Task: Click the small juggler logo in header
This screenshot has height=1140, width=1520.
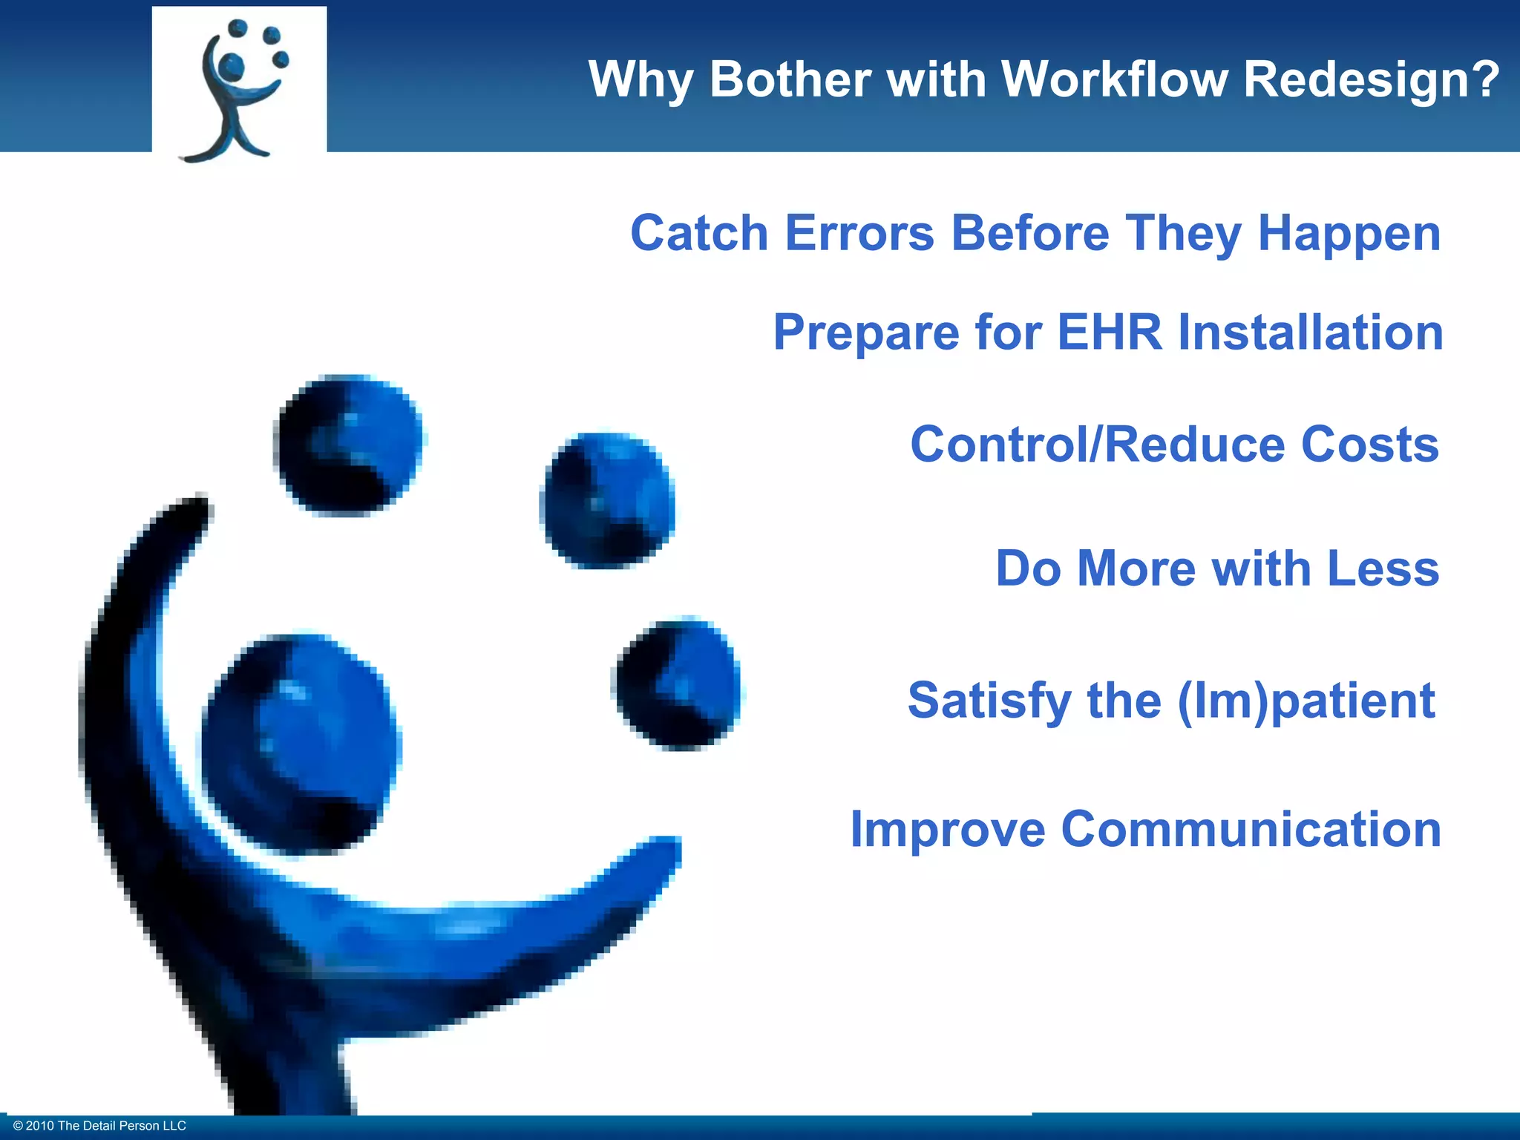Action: tap(239, 88)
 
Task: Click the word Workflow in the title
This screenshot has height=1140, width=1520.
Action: tap(1113, 79)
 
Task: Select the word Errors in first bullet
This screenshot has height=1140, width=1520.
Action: tap(859, 233)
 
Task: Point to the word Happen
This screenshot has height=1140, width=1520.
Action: tap(1349, 235)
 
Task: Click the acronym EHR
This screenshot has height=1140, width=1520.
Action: tap(1109, 332)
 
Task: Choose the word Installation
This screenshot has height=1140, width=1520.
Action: tap(1311, 332)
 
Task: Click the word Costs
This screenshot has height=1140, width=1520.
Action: tap(1369, 445)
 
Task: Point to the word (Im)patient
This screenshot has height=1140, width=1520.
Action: tap(1306, 701)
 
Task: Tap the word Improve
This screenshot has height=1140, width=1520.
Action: tap(948, 828)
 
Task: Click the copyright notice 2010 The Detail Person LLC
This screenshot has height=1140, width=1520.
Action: tap(99, 1126)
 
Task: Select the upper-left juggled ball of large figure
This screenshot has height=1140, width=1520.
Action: tap(347, 445)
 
